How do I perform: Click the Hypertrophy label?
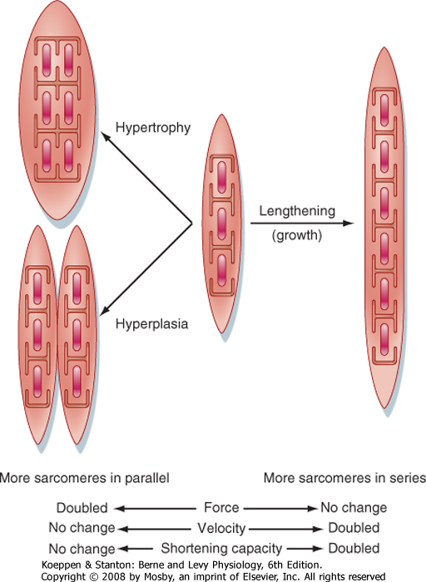point(153,128)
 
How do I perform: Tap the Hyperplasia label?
point(152,324)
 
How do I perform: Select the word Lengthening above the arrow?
point(297,211)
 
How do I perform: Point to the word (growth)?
point(297,235)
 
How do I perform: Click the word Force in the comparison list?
point(221,507)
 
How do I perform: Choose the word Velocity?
point(221,528)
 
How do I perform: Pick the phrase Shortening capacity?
point(221,548)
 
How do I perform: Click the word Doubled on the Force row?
point(82,508)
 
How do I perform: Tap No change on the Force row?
point(354,507)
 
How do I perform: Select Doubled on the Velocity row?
point(354,528)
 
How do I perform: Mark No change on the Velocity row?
point(82,528)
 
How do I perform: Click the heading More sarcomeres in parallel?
point(84,478)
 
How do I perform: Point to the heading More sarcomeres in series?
point(344,478)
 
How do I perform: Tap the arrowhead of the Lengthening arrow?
point(349,223)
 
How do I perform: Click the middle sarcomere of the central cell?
point(221,224)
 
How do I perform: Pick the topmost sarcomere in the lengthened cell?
point(384,111)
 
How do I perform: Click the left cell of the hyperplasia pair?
point(37,335)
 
